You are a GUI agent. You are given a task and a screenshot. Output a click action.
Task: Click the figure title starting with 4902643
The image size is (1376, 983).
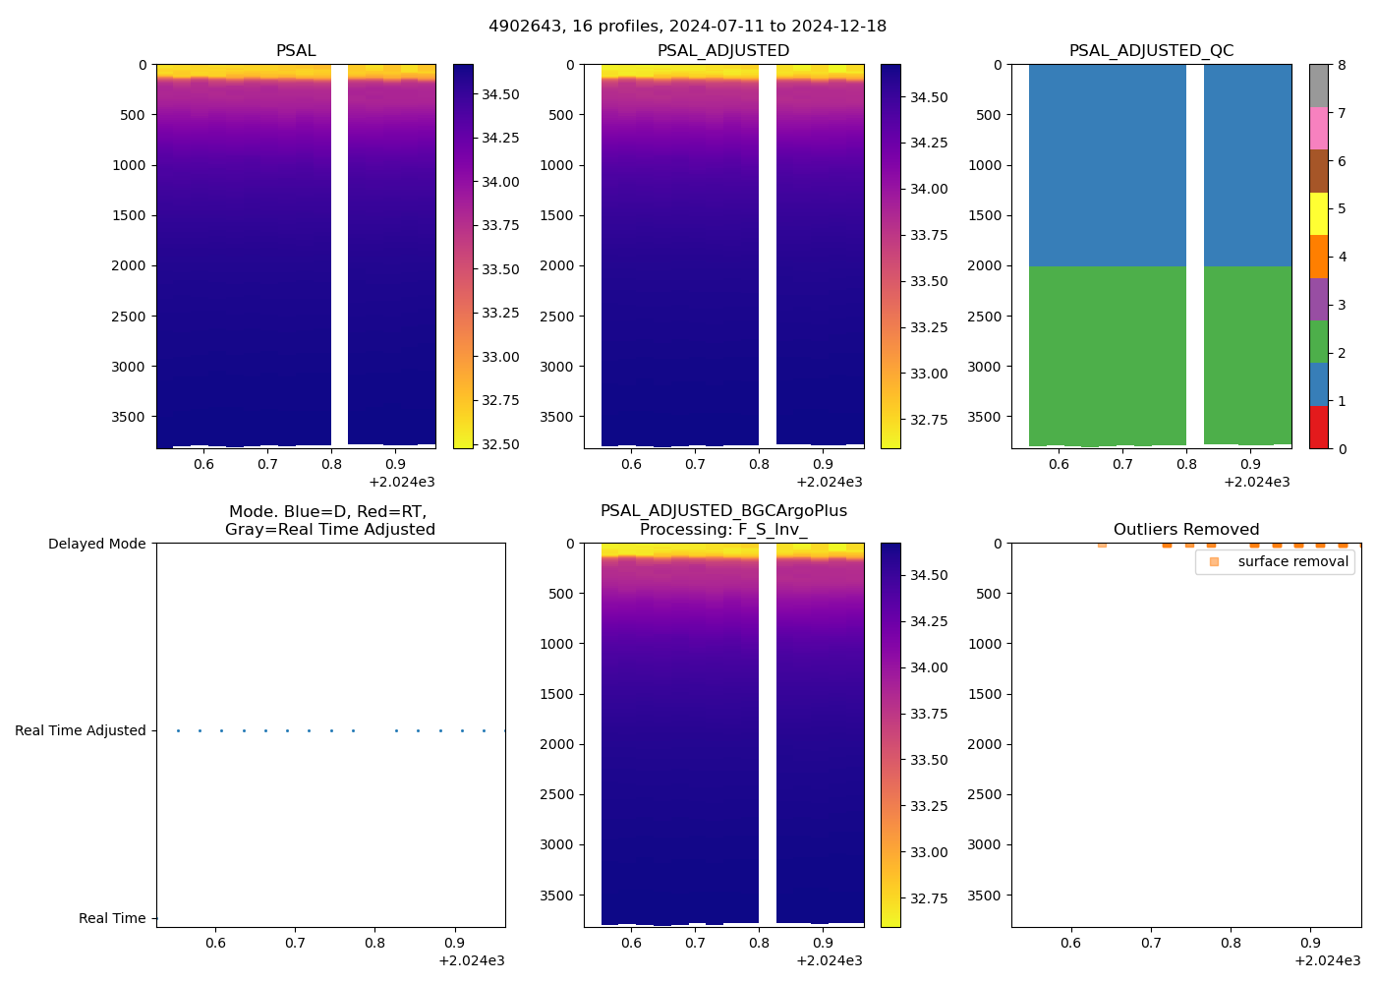click(687, 27)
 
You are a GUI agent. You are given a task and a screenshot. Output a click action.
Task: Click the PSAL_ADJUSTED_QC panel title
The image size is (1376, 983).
click(1151, 51)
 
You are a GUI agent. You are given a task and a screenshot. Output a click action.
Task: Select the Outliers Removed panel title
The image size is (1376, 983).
click(1185, 530)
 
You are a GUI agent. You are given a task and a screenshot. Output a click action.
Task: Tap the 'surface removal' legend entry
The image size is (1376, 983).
click(1292, 561)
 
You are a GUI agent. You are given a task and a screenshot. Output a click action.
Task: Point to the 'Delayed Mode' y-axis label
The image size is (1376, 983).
click(96, 544)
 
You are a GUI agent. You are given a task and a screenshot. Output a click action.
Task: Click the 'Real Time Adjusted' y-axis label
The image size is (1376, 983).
click(81, 730)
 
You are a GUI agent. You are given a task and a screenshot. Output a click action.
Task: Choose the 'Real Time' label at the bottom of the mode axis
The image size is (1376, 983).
click(112, 918)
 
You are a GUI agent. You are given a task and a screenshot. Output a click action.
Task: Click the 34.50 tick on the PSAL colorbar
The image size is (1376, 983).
click(500, 94)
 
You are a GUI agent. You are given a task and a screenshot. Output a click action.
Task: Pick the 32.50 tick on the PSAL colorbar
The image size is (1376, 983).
click(500, 444)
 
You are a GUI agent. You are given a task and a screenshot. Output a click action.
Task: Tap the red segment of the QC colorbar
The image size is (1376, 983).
click(1318, 428)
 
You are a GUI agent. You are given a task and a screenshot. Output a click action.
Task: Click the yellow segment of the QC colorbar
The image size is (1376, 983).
click(1318, 214)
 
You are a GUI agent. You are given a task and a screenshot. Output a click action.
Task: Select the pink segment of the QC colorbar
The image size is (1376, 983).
click(1318, 129)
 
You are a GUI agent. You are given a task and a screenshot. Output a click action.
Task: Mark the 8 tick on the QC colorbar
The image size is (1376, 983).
click(1342, 65)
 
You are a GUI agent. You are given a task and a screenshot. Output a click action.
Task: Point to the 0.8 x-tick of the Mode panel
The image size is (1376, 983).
click(374, 943)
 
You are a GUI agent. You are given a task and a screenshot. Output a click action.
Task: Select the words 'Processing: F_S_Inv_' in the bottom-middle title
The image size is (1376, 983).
click(723, 530)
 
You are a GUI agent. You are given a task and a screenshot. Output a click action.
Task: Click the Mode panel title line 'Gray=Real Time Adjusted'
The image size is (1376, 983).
click(330, 530)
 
